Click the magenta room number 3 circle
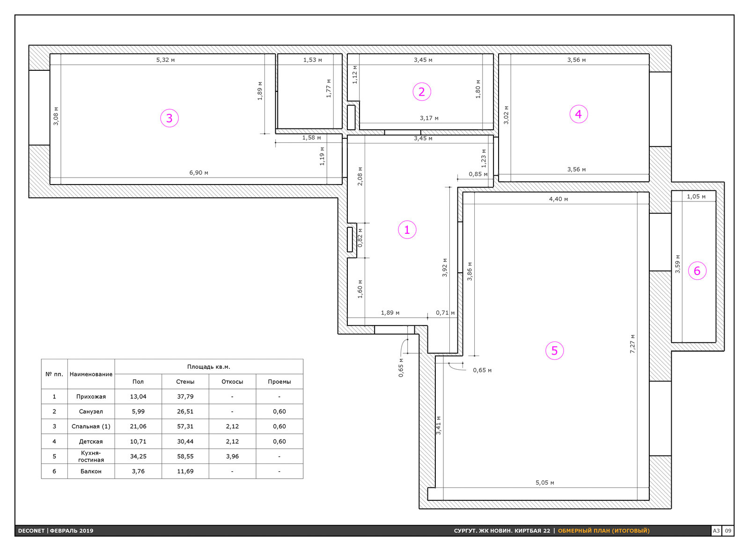[x=169, y=118]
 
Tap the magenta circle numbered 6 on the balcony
[x=697, y=271]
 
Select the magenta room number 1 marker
[x=407, y=230]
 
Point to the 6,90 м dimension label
[x=198, y=173]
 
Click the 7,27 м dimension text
[x=632, y=344]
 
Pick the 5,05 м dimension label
[x=545, y=483]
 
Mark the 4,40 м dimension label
[x=558, y=199]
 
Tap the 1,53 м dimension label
[x=313, y=60]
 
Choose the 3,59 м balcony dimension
[x=677, y=264]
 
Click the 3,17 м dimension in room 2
[x=429, y=118]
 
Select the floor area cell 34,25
[x=138, y=456]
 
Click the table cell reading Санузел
[x=91, y=411]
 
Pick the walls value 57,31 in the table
[x=185, y=426]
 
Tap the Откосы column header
[x=232, y=381]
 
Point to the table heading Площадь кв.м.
[x=209, y=366]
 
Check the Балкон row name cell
[x=91, y=471]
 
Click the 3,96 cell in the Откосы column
[x=232, y=456]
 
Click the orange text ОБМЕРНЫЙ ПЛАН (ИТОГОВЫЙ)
[x=603, y=530]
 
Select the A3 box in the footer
[x=716, y=530]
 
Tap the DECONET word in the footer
[x=31, y=530]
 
